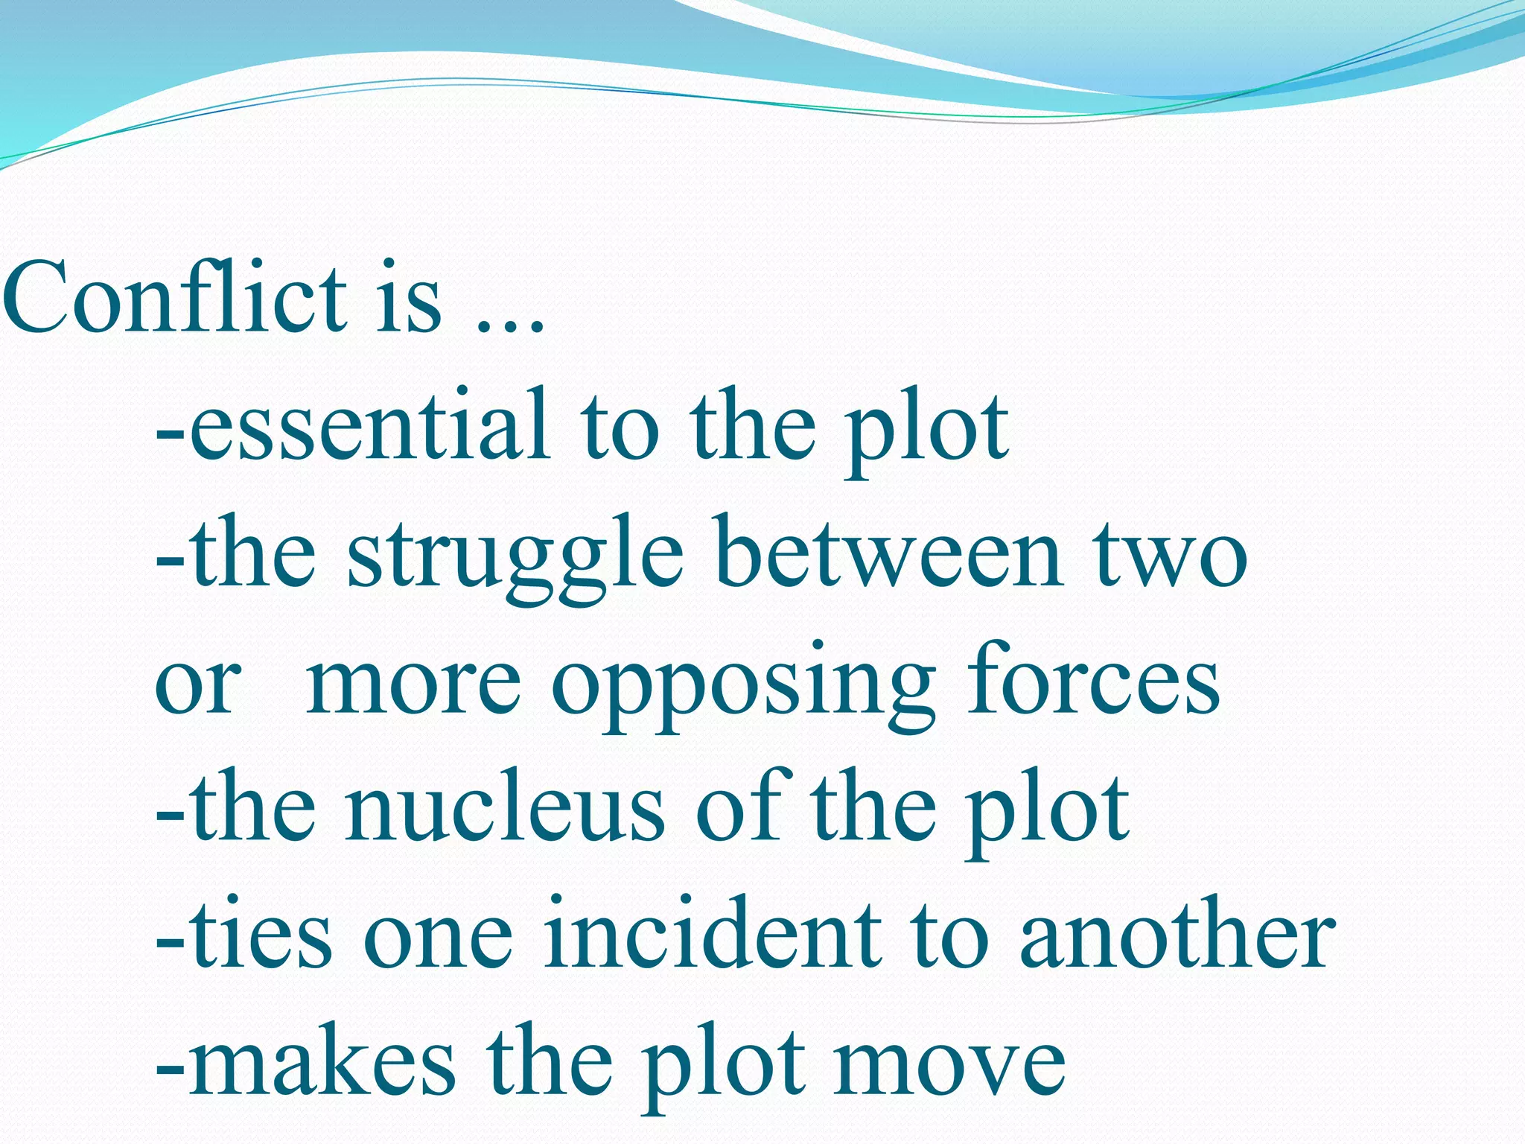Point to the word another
click(1177, 935)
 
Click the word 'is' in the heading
click(409, 298)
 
